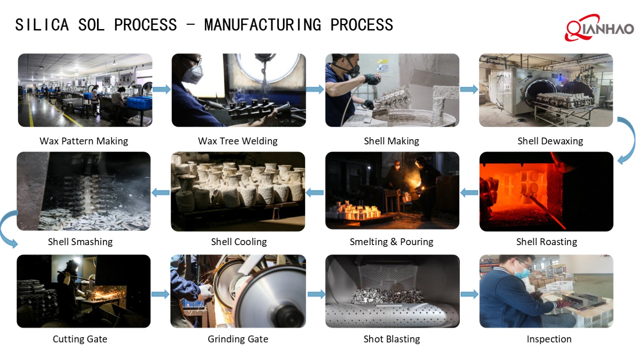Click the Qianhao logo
pyautogui.click(x=599, y=28)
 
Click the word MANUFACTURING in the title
pyautogui.click(x=263, y=25)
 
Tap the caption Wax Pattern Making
pyautogui.click(x=84, y=141)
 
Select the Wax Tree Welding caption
pyautogui.click(x=238, y=141)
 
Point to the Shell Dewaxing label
pyautogui.click(x=550, y=141)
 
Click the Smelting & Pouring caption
pyautogui.click(x=391, y=242)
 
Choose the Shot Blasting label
pyautogui.click(x=392, y=339)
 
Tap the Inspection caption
pyautogui.click(x=549, y=339)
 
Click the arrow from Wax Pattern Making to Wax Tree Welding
pyautogui.click(x=162, y=89)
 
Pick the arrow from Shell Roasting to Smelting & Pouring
pyautogui.click(x=469, y=193)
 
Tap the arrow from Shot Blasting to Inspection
pyautogui.click(x=470, y=294)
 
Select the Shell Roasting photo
pyautogui.click(x=546, y=191)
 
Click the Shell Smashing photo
pyautogui.click(x=84, y=191)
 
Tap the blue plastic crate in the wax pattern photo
pyautogui.click(x=139, y=103)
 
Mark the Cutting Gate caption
pyautogui.click(x=80, y=339)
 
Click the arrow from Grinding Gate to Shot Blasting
pyautogui.click(x=316, y=294)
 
